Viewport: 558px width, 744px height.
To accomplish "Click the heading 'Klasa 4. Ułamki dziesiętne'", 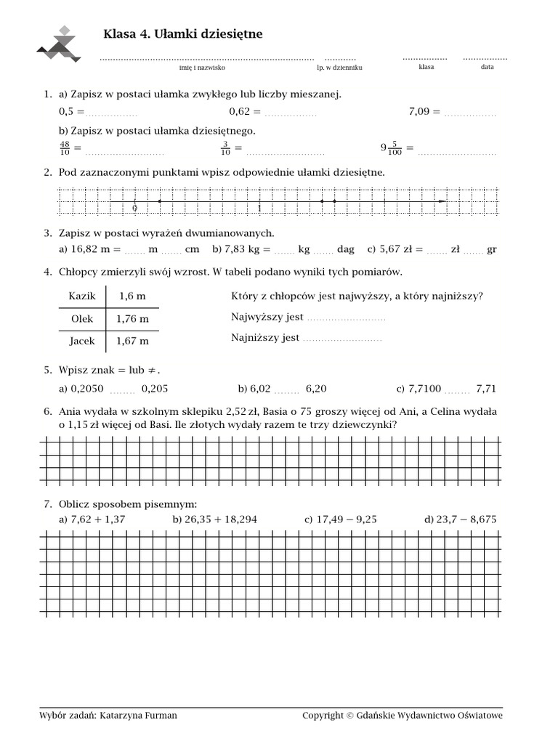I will pos(183,34).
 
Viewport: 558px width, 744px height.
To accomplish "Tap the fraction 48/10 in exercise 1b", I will pos(65,148).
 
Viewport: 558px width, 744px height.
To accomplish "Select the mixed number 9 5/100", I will pos(392,148).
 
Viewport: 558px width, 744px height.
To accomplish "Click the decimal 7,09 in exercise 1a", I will pos(425,111).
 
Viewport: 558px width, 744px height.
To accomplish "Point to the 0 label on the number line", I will pos(134,209).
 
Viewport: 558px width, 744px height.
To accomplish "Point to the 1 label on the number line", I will pos(259,209).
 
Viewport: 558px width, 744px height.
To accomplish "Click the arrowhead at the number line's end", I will pos(442,201).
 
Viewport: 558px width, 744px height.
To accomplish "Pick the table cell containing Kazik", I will pos(82,296).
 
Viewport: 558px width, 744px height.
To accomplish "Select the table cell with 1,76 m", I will pos(132,318).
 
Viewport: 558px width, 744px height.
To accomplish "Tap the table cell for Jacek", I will pos(83,340).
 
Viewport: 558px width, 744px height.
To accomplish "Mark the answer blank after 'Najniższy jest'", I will pos(341,339).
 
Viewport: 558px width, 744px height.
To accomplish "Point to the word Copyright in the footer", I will pos(323,716).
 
